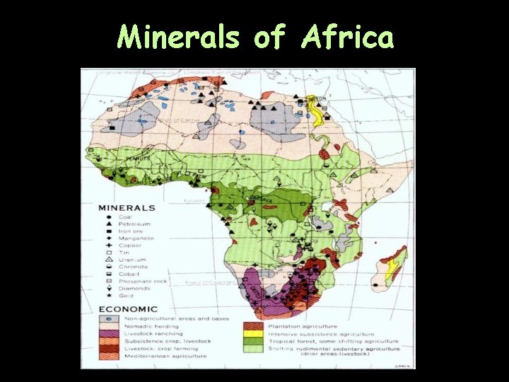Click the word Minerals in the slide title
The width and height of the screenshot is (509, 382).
pyautogui.click(x=179, y=37)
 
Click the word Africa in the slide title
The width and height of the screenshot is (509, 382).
pyautogui.click(x=346, y=37)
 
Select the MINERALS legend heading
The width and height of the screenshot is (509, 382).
pyautogui.click(x=127, y=208)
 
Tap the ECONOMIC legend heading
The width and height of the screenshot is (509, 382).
pyautogui.click(x=128, y=309)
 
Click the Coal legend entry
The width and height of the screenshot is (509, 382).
pyautogui.click(x=125, y=216)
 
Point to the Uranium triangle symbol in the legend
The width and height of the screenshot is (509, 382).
pyautogui.click(x=103, y=260)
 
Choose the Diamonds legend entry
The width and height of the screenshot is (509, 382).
pyautogui.click(x=134, y=288)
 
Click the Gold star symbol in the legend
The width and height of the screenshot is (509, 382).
pyautogui.click(x=103, y=295)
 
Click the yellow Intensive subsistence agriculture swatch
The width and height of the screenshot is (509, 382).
pyautogui.click(x=251, y=333)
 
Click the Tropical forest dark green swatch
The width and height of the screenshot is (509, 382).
pyautogui.click(x=251, y=341)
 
